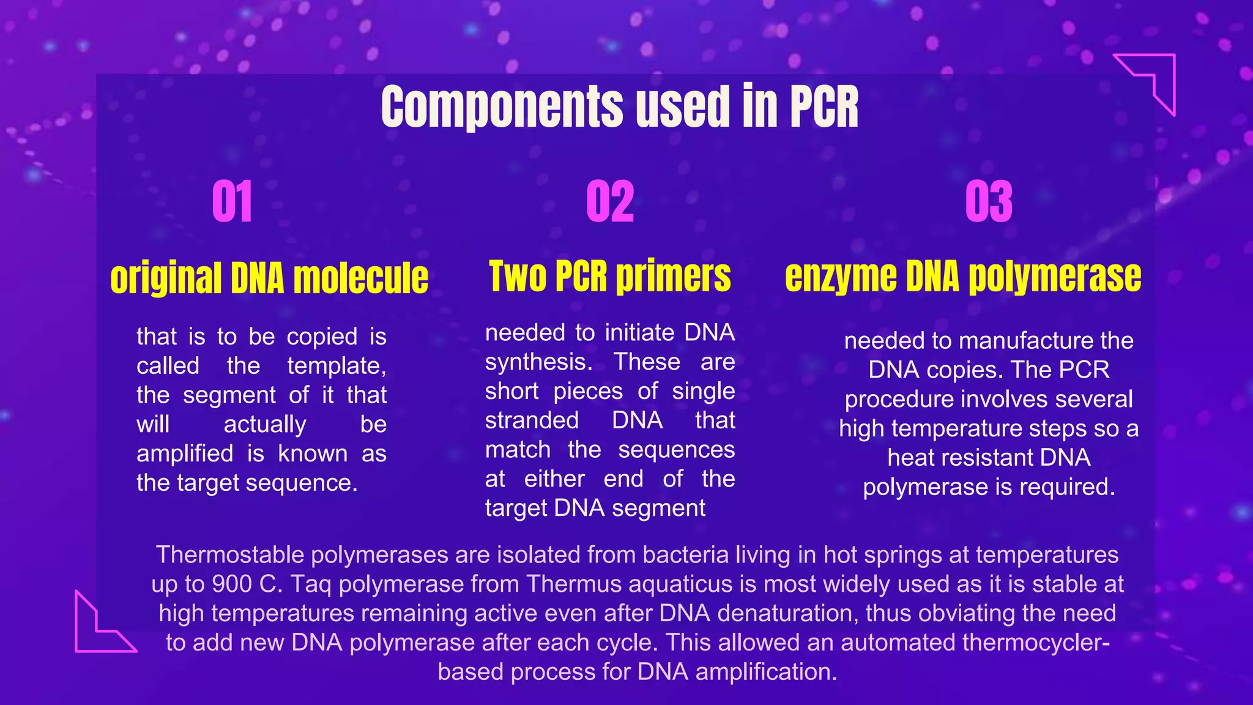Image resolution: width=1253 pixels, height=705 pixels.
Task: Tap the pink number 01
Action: [232, 202]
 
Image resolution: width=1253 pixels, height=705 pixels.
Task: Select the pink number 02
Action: [610, 202]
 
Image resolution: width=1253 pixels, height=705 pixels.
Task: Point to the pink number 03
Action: [989, 202]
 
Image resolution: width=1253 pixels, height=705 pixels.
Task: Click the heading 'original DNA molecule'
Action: [269, 278]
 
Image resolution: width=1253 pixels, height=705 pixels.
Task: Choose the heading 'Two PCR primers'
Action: [610, 276]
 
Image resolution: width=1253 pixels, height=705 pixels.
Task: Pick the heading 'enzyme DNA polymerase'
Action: [963, 277]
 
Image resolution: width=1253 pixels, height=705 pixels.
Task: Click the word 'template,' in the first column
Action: [336, 366]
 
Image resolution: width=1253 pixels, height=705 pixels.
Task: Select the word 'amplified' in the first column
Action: [185, 454]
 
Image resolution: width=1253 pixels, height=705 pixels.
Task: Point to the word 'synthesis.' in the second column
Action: [538, 362]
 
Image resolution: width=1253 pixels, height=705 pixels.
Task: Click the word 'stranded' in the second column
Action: [532, 420]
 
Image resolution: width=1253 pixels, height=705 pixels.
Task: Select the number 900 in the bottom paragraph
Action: [232, 584]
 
